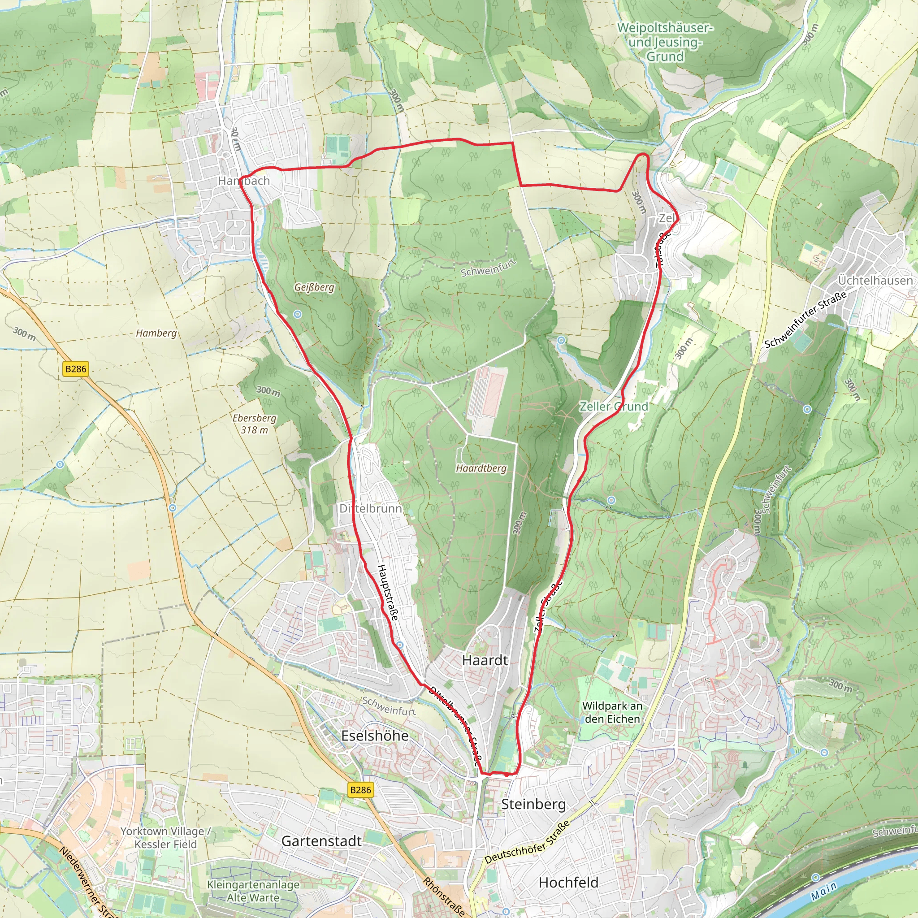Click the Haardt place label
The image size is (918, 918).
click(x=485, y=660)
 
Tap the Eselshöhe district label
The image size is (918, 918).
click(x=374, y=736)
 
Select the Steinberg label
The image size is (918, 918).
click(x=533, y=804)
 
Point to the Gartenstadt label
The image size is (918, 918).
click(x=321, y=841)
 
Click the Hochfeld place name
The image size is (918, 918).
click(x=568, y=882)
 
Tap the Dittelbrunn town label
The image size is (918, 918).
click(x=370, y=508)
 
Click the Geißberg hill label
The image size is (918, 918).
click(x=314, y=287)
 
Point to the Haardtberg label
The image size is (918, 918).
click(x=481, y=468)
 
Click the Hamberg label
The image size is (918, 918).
click(x=156, y=333)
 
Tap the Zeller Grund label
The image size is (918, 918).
click(x=614, y=406)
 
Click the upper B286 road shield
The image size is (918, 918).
click(x=76, y=369)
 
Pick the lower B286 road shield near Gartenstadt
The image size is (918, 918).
click(x=361, y=790)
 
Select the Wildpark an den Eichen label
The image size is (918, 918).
click(x=612, y=712)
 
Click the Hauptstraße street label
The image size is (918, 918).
click(x=388, y=592)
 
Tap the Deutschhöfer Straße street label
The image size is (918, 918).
click(x=527, y=842)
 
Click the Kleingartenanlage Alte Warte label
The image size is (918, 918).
click(x=253, y=891)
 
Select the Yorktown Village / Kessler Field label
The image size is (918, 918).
click(x=165, y=838)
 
